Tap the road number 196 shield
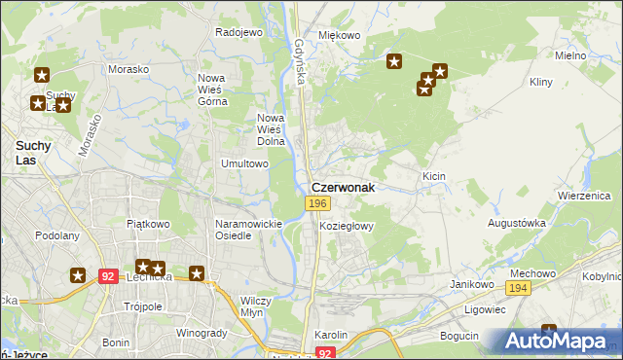316,202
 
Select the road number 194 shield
518,289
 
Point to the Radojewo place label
239,32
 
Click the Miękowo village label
340,35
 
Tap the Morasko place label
128,70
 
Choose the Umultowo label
244,163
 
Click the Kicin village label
434,176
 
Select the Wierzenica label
582,195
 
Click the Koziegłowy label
347,225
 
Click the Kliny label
541,83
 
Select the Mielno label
569,55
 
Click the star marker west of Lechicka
78,275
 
